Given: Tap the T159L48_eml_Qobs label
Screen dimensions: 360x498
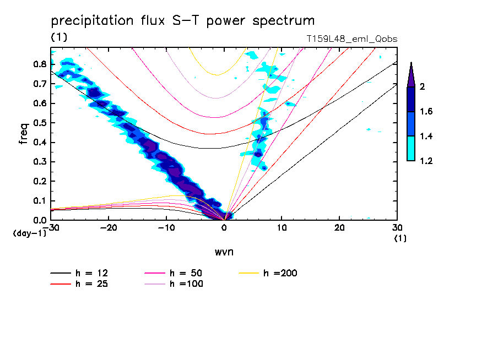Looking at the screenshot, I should [x=352, y=39].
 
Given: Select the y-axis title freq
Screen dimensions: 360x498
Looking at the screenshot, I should [x=23, y=134].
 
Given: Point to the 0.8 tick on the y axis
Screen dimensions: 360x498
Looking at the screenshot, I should [x=39, y=64].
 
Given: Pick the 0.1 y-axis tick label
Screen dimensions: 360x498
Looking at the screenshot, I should [x=39, y=201].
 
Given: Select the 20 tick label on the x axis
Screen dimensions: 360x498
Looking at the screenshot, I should [x=339, y=228].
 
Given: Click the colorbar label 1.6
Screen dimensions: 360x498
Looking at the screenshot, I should [x=426, y=112].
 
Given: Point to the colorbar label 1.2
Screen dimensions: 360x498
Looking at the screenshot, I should [x=426, y=161].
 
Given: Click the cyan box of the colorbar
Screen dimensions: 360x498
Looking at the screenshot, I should [x=410, y=149].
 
